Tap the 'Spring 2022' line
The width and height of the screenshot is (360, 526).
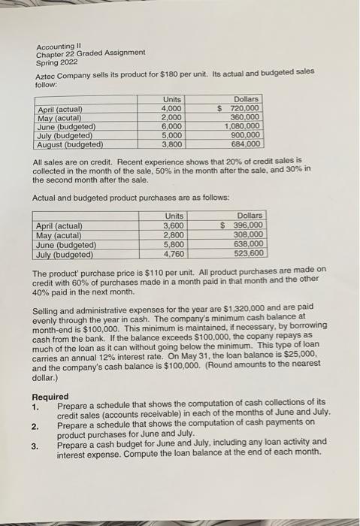click(x=57, y=61)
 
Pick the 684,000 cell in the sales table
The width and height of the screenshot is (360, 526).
click(x=246, y=144)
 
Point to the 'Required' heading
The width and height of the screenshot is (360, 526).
click(x=50, y=397)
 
